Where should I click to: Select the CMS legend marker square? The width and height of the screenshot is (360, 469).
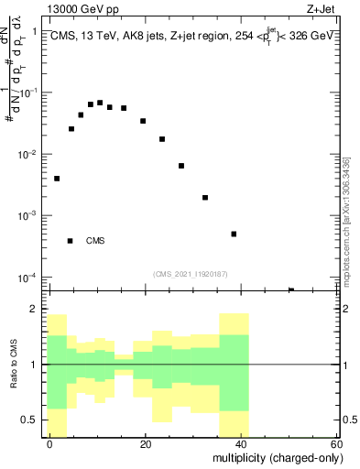[x=70, y=241]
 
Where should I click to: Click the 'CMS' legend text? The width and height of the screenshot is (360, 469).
[x=95, y=241]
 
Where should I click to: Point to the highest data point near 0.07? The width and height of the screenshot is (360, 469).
[x=100, y=103]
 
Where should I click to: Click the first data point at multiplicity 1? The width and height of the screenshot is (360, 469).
[x=57, y=179]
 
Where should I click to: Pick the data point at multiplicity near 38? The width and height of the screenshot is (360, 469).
[x=234, y=234]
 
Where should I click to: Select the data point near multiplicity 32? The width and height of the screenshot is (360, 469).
[x=205, y=197]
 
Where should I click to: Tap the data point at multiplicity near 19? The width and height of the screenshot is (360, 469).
[x=143, y=121]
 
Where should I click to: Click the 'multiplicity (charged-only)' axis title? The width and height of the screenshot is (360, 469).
[x=275, y=457]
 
